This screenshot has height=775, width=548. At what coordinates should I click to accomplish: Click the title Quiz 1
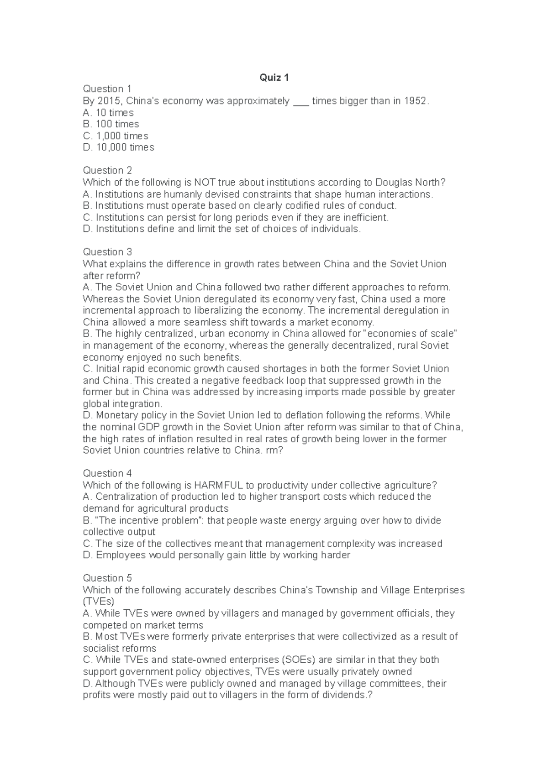[x=274, y=78]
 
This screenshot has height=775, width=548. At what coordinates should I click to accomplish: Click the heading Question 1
[x=107, y=89]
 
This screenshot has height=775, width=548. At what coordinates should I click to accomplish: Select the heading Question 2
[x=107, y=171]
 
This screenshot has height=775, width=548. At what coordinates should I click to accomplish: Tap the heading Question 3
[x=107, y=252]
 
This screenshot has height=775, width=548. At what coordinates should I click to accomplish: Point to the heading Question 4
[x=107, y=473]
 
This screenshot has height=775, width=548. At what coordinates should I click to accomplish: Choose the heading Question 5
[x=107, y=578]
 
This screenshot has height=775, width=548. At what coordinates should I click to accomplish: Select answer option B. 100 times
[x=111, y=124]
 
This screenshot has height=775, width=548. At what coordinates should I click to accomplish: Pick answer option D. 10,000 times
[x=118, y=147]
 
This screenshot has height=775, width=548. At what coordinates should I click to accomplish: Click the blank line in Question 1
[x=301, y=102]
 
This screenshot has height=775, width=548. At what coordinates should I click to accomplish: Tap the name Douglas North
[x=410, y=183]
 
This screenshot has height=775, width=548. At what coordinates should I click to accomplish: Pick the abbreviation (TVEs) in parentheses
[x=99, y=602]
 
